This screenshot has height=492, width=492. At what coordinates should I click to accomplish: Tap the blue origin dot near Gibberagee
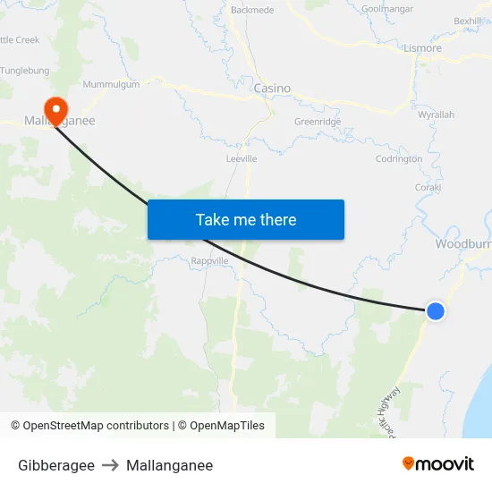click(x=435, y=311)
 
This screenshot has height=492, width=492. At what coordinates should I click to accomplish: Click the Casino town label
click(x=272, y=89)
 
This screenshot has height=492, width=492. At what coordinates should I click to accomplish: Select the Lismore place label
click(x=422, y=48)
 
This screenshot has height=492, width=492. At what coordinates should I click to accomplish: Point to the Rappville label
click(x=211, y=261)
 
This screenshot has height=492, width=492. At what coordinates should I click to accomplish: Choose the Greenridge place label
click(x=318, y=122)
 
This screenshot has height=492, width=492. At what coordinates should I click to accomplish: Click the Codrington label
click(x=399, y=159)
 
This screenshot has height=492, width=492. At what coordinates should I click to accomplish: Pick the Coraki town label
click(x=428, y=188)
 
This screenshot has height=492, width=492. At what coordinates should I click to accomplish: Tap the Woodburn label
click(x=462, y=244)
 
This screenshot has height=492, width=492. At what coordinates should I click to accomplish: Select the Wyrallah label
click(x=437, y=115)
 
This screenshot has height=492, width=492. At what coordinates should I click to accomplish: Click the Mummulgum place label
click(x=111, y=84)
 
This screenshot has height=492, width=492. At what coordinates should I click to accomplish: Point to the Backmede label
click(x=252, y=10)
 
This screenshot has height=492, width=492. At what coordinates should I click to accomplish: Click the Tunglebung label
click(x=24, y=71)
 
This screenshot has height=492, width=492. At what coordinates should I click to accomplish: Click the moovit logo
click(x=437, y=463)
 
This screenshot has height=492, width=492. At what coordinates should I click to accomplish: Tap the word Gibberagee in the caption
click(x=56, y=465)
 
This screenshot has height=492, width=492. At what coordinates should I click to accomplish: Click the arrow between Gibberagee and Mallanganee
click(x=110, y=465)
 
